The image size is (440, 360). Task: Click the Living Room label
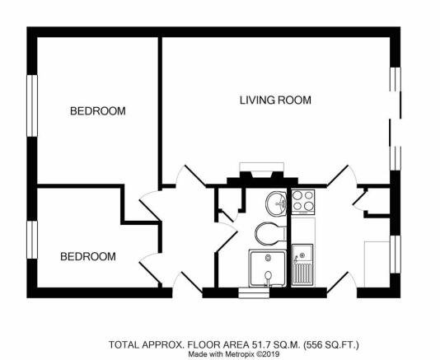click(x=275, y=101)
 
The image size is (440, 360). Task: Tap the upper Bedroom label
click(x=98, y=111)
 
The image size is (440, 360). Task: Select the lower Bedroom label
click(x=88, y=256)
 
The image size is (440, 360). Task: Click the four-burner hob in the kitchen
click(x=303, y=202)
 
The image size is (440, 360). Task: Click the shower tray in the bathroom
click(x=268, y=269)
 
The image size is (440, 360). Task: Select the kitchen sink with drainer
click(x=302, y=265)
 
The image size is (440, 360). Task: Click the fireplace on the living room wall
click(x=262, y=175)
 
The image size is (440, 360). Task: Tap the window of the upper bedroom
click(x=32, y=105)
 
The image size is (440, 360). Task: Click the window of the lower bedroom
click(x=32, y=240)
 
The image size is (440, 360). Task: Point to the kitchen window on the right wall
click(x=396, y=255)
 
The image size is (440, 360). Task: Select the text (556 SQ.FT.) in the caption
click(x=331, y=344)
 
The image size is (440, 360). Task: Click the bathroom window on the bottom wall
click(x=254, y=292)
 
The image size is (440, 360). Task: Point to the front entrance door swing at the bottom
click(x=186, y=282)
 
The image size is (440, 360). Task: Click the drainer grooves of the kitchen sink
click(x=302, y=274)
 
